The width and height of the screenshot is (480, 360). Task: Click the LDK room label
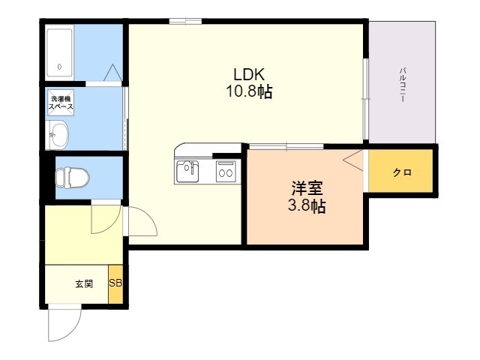pyautogui.click(x=249, y=75)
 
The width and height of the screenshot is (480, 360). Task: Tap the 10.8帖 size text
pyautogui.click(x=249, y=92)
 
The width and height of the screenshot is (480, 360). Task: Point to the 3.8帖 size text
pyautogui.click(x=307, y=206)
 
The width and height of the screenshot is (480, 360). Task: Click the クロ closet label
pyautogui.click(x=401, y=172)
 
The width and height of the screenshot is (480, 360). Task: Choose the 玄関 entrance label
pyautogui.click(x=83, y=284)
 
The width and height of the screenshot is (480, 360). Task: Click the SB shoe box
pyautogui.click(x=116, y=283)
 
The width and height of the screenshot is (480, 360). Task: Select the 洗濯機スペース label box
pyautogui.click(x=61, y=103)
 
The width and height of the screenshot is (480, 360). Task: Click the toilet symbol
pyautogui.click(x=71, y=178)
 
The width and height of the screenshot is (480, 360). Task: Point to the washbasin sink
pyautogui.click(x=58, y=136)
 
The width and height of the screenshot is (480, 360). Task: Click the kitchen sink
pyautogui.click(x=187, y=172)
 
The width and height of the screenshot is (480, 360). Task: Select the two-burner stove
pyautogui.click(x=225, y=172)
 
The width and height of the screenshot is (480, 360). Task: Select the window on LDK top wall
pyautogui.click(x=184, y=21)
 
